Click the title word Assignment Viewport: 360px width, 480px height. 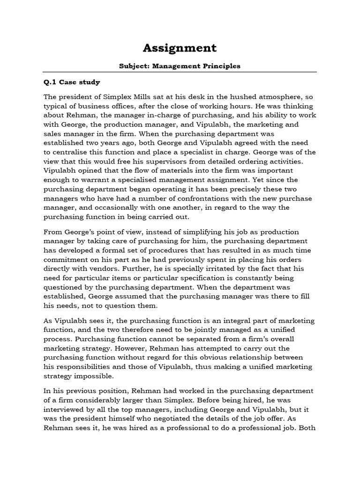click(180, 48)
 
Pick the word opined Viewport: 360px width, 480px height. click(90, 170)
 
